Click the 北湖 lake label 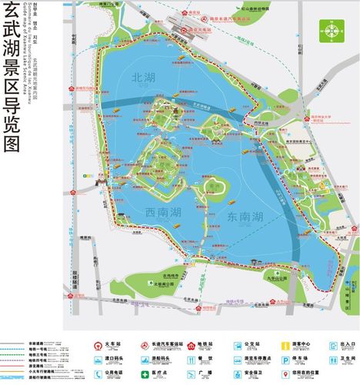pos(145,77)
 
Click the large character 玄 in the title pos(12,17)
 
